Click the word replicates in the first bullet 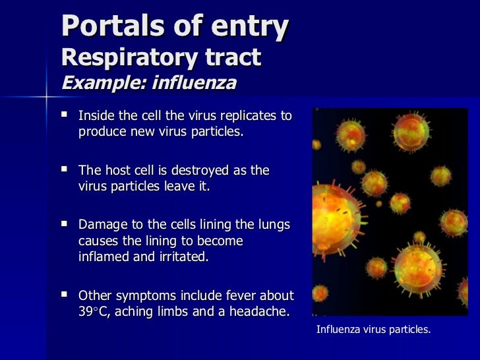(x=248, y=116)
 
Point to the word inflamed (x=106, y=256)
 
